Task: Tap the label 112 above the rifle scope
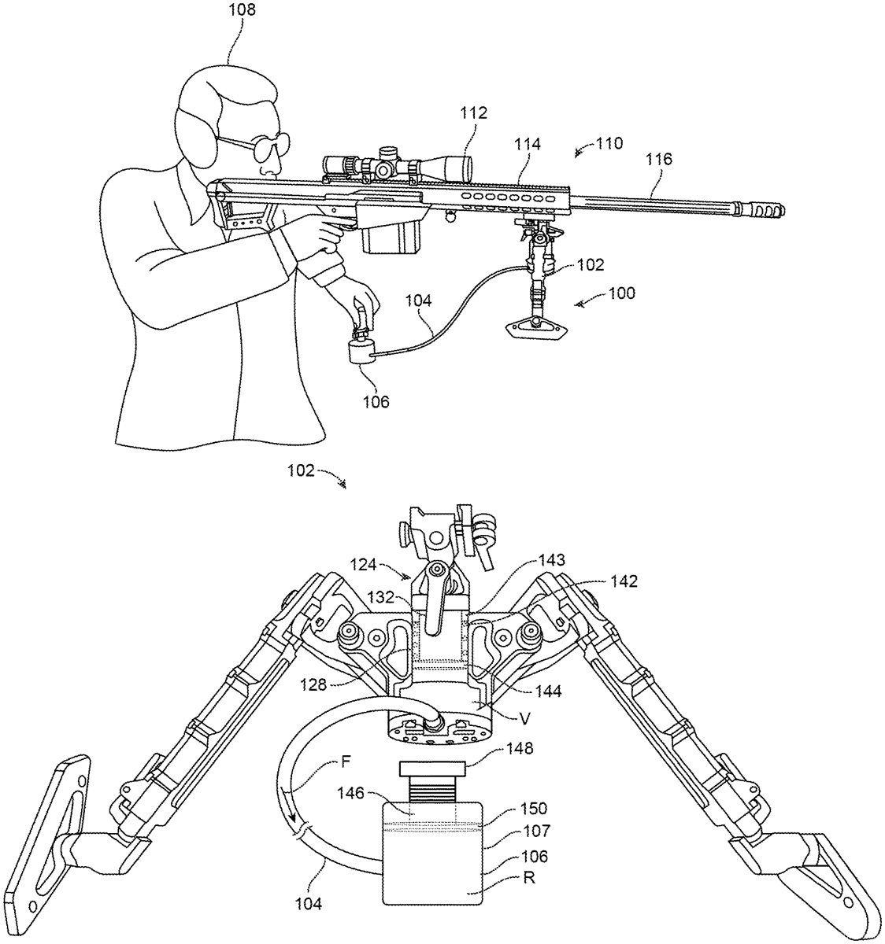pos(476,113)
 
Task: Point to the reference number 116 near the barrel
pos(658,160)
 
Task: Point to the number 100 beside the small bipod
pos(622,293)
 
